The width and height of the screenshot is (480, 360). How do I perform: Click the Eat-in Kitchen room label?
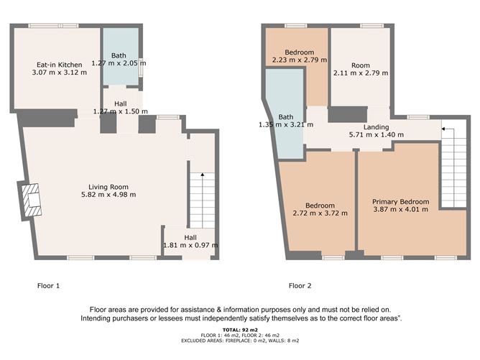click(x=60, y=65)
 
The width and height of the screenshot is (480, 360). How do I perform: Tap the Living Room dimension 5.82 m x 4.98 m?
click(x=109, y=195)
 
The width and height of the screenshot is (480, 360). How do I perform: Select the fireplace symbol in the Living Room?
click(x=31, y=200)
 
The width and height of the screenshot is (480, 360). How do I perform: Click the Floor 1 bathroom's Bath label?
click(x=119, y=55)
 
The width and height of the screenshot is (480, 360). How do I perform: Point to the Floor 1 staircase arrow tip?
click(x=203, y=174)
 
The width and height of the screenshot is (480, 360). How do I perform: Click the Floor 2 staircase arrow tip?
click(x=443, y=129)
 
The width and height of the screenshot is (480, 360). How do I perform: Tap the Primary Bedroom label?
click(x=401, y=202)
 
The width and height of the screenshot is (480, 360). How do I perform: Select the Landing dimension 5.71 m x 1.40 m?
click(x=377, y=134)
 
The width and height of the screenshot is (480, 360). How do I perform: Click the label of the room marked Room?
click(x=361, y=65)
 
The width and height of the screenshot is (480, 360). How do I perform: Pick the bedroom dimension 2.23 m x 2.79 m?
click(x=300, y=60)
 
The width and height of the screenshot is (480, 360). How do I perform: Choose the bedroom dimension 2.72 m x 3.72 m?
click(x=320, y=213)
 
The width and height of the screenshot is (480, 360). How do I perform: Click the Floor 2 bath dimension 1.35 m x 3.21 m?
click(x=286, y=124)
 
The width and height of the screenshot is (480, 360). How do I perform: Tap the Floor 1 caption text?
click(x=48, y=285)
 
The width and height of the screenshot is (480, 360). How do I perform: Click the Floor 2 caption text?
click(x=300, y=285)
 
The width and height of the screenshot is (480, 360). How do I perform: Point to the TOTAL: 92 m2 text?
click(x=240, y=330)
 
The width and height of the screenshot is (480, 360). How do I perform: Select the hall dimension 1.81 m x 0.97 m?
click(x=190, y=245)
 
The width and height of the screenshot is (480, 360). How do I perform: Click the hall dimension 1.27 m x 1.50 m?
click(x=121, y=111)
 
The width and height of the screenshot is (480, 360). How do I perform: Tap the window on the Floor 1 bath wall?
click(x=141, y=67)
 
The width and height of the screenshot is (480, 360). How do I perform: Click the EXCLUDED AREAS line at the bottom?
click(x=240, y=341)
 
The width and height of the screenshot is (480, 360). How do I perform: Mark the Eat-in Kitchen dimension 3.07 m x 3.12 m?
click(x=60, y=73)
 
